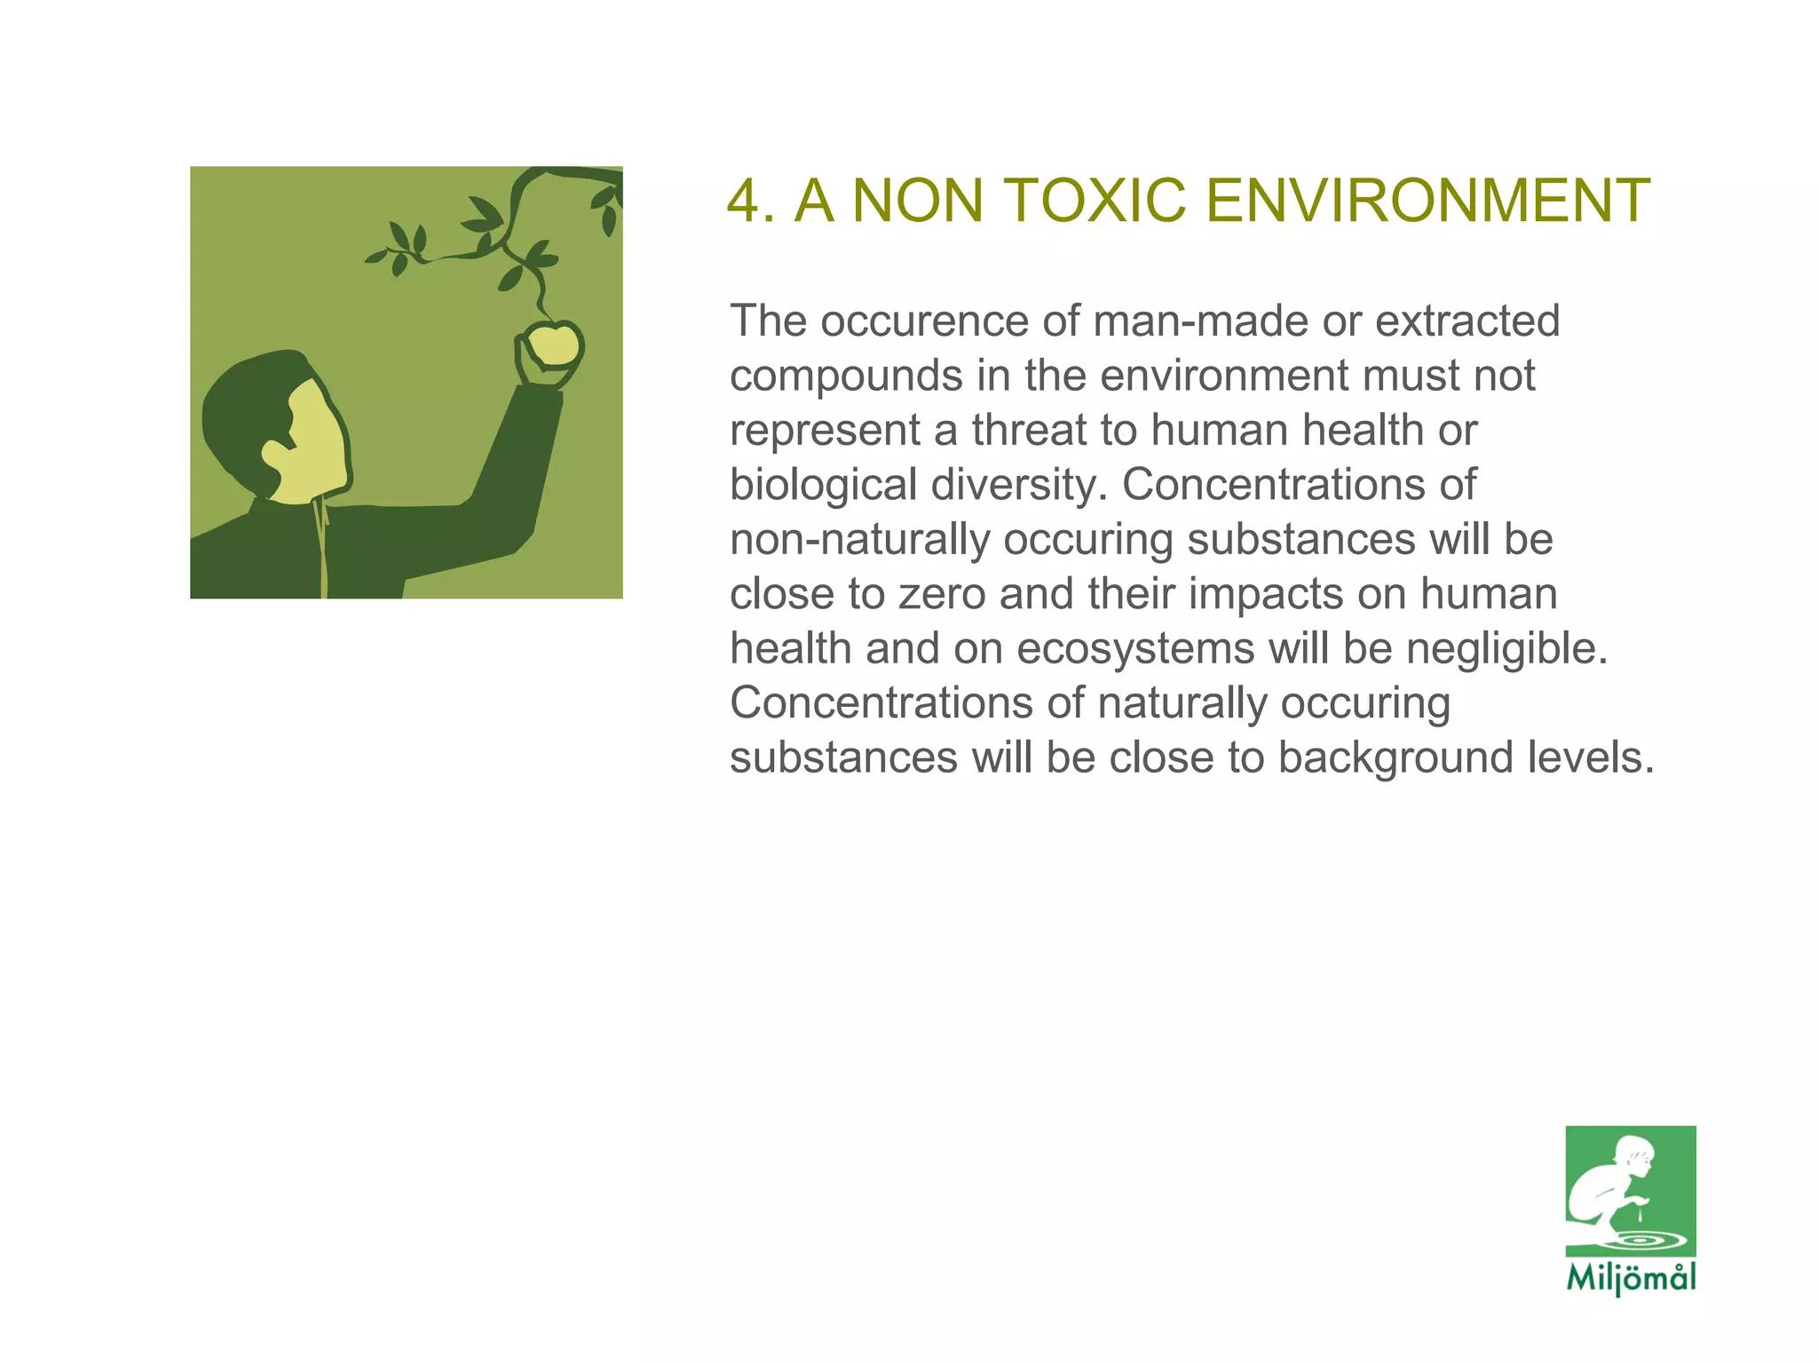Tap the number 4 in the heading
[x=744, y=201]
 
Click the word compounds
[x=845, y=376]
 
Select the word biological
[x=823, y=485]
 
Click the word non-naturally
[x=859, y=540]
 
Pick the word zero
[x=942, y=594]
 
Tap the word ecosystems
[x=1135, y=649]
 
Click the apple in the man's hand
[x=553, y=345]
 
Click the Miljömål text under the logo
[x=1631, y=1278]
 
